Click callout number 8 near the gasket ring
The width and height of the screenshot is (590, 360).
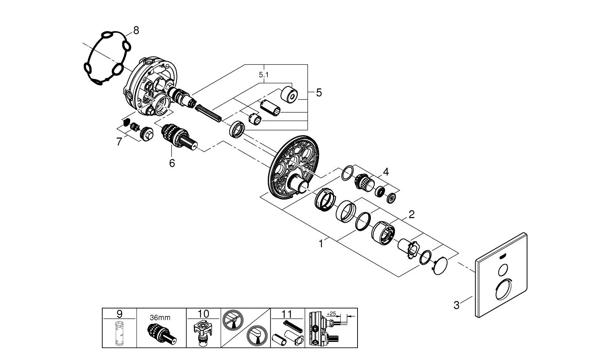136,30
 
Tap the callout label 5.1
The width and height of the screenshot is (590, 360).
264,74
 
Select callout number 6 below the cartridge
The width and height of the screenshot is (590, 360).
172,163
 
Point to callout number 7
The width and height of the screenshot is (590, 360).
119,141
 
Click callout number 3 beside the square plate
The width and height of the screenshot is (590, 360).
456,305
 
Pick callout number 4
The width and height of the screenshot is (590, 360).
386,172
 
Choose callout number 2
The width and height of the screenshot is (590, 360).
411,214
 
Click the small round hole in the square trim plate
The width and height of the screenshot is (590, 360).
502,270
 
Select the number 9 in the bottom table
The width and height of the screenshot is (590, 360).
120,314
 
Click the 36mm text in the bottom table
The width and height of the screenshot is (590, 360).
160,318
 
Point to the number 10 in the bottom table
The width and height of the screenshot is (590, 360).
203,314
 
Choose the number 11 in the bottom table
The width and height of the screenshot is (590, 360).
287,314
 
